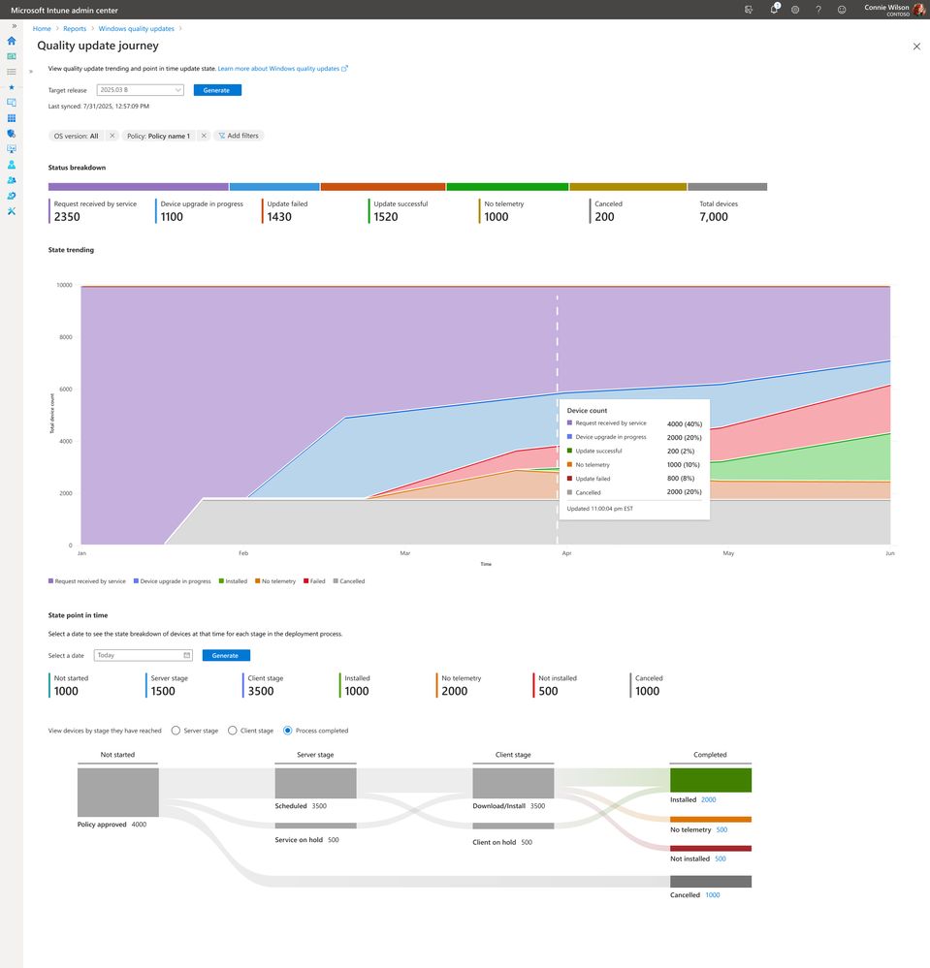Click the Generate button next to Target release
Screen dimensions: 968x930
217,90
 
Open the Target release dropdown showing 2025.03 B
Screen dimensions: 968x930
140,90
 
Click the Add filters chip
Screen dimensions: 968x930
238,136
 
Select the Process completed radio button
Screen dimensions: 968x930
288,731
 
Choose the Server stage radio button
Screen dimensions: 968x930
176,731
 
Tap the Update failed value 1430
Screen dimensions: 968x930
279,217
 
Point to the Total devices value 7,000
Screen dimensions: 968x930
714,217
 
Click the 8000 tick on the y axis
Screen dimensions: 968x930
64,337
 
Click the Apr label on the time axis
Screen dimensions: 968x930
566,553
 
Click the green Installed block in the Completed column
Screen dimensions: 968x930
710,780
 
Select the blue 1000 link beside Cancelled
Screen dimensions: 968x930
712,895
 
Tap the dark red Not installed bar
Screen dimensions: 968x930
710,848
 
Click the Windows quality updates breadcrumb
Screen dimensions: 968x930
136,29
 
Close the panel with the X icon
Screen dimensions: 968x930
916,47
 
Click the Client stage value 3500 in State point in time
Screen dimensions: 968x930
261,691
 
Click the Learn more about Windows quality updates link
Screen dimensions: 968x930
279,69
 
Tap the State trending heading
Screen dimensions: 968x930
71,250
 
